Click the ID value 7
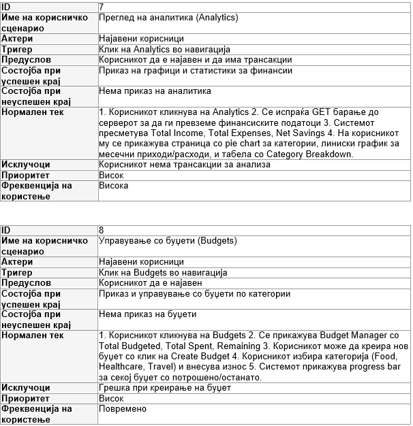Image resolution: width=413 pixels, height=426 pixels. click(x=102, y=6)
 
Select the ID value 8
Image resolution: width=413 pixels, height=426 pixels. click(x=102, y=230)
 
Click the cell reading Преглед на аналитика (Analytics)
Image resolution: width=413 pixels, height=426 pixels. click(x=168, y=17)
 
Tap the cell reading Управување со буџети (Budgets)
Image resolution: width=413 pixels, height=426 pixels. click(x=168, y=241)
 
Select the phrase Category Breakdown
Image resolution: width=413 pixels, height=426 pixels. click(x=311, y=154)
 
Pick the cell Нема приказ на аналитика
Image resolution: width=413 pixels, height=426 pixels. click(x=155, y=91)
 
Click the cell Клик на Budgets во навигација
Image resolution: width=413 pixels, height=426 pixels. click(x=163, y=272)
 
